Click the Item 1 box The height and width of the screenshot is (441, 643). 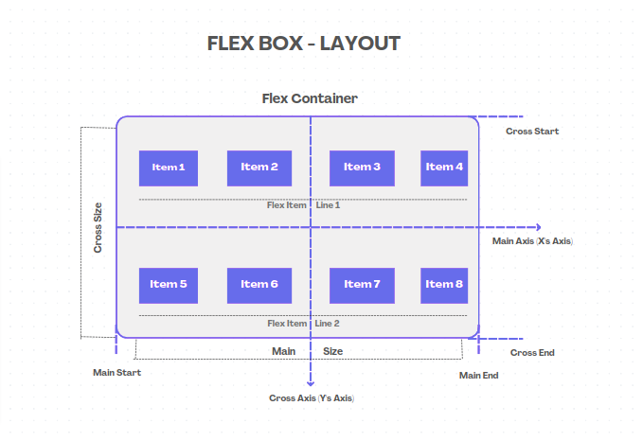[x=169, y=168]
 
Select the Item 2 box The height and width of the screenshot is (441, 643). [x=259, y=168]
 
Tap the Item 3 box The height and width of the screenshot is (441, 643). [x=362, y=168]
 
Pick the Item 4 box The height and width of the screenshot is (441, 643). [x=444, y=168]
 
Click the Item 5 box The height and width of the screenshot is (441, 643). [x=169, y=285]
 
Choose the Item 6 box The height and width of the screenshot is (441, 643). [x=259, y=285]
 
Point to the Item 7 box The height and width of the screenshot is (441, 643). [x=362, y=285]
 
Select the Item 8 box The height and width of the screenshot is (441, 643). [x=444, y=285]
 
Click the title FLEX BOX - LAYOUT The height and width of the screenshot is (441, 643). [x=304, y=44]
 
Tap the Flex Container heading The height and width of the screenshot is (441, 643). [x=310, y=98]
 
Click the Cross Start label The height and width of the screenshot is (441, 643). [x=532, y=132]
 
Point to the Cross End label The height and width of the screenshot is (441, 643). [x=532, y=353]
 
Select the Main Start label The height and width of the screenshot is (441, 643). [x=116, y=373]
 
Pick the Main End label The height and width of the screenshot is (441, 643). [x=478, y=376]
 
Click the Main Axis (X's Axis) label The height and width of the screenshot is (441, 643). [x=532, y=241]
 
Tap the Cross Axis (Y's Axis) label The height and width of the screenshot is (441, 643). [x=312, y=398]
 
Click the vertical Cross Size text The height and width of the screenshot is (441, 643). [x=98, y=227]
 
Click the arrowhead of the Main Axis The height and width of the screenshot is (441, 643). [x=537, y=227]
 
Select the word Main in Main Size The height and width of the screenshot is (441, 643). [x=284, y=351]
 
